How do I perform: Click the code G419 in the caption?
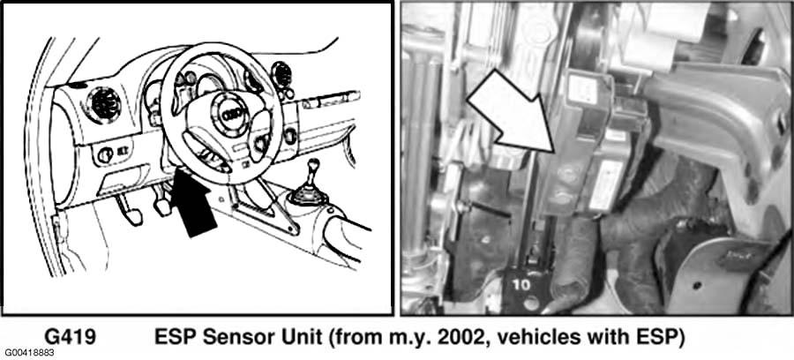pyautogui.click(x=70, y=337)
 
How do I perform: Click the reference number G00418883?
pyautogui.click(x=28, y=352)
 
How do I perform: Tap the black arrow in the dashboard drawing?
pyautogui.click(x=192, y=201)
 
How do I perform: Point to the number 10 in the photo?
pyautogui.click(x=521, y=285)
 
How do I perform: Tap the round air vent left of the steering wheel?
pyautogui.click(x=103, y=105)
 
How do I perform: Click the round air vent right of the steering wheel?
pyautogui.click(x=279, y=75)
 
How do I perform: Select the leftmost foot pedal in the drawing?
pyautogui.click(x=128, y=208)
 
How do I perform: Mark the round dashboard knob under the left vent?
pyautogui.click(x=104, y=155)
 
